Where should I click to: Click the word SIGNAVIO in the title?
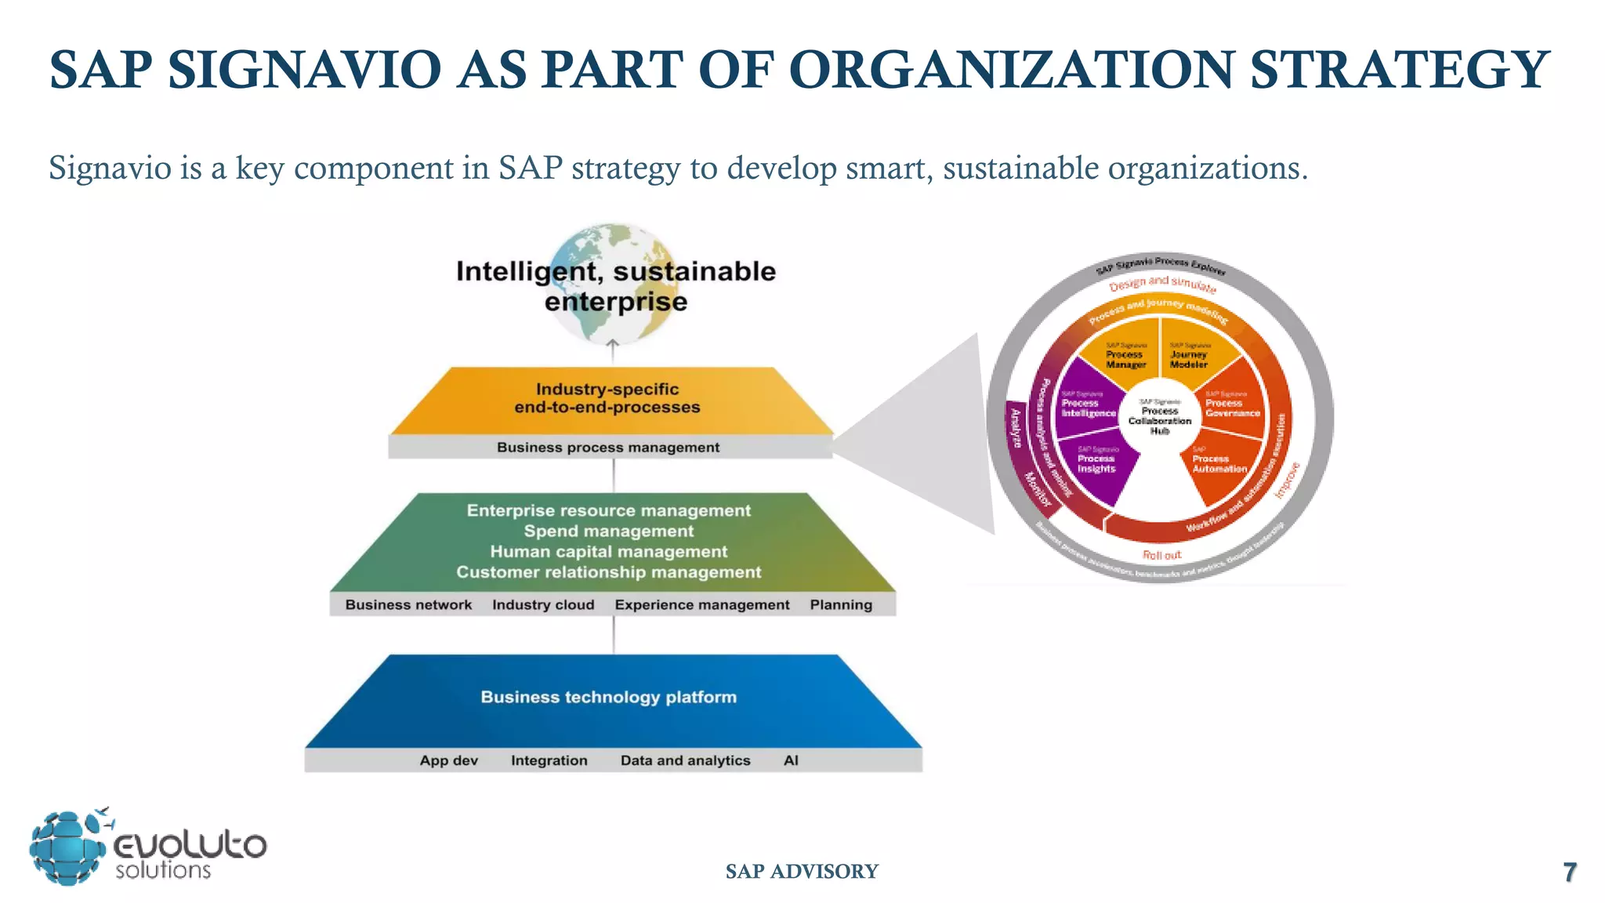coord(305,70)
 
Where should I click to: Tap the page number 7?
coord(1569,872)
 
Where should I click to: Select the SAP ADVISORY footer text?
coord(802,872)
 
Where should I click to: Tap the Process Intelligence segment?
coord(1088,407)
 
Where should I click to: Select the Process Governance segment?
coord(1232,407)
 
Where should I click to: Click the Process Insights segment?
coord(1096,465)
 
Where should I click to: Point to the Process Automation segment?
coord(1219,465)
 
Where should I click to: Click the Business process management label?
coord(608,448)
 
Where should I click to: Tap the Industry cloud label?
coord(543,605)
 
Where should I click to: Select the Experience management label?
coord(702,605)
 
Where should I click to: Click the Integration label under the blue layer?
coord(549,760)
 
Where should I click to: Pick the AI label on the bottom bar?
coord(791,760)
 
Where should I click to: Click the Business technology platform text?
coord(609,697)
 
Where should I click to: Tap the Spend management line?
coord(609,531)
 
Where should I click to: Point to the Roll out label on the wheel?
coord(1161,555)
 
